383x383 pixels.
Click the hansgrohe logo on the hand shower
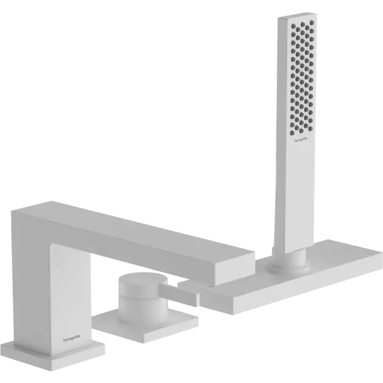pyautogui.click(x=301, y=140)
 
